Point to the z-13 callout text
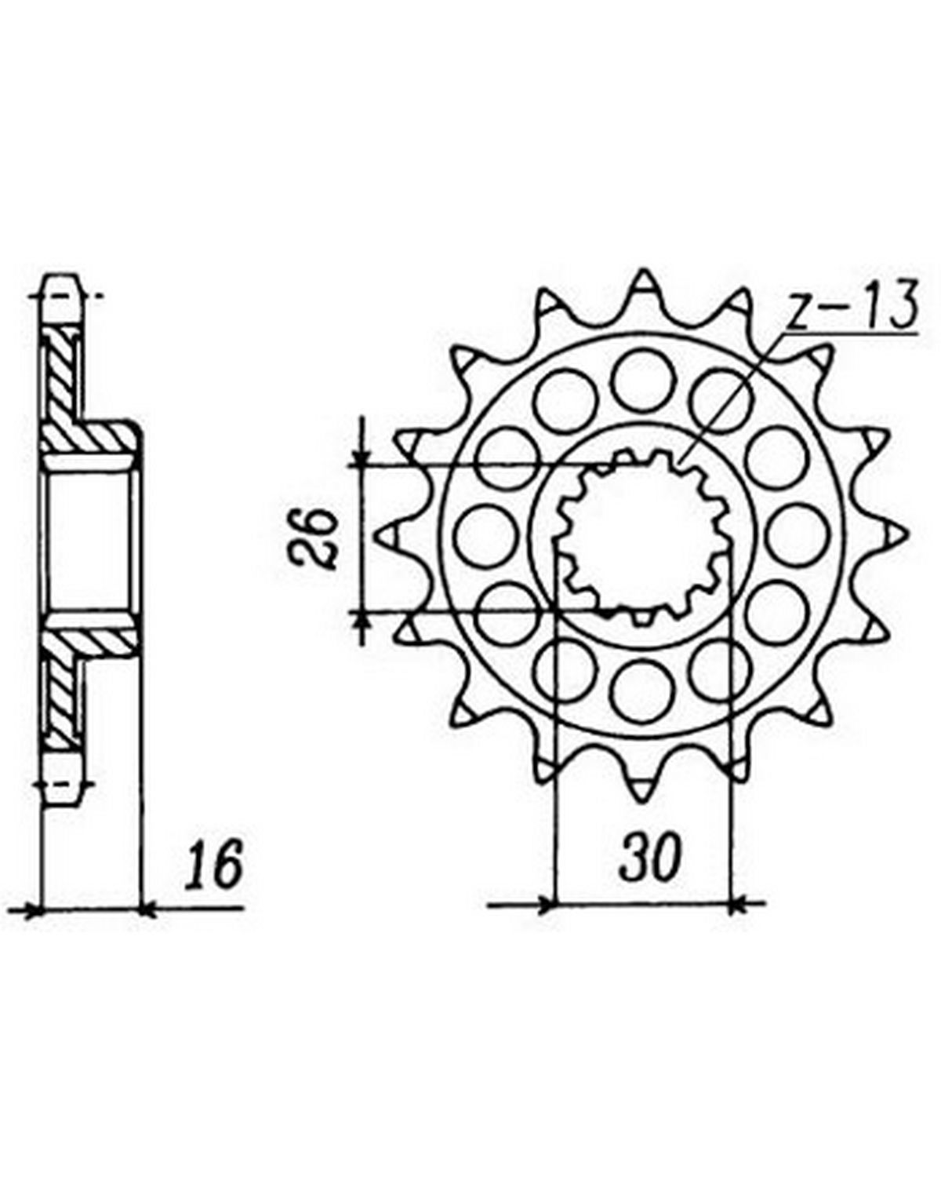click(x=851, y=309)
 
